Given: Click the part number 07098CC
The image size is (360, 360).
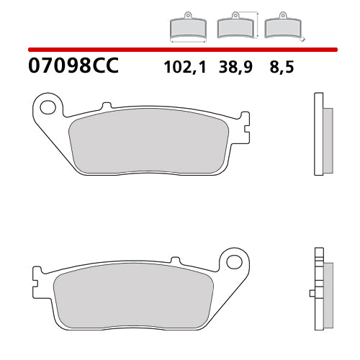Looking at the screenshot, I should click(x=72, y=68).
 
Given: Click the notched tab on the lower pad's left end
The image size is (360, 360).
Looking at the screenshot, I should click(x=36, y=275).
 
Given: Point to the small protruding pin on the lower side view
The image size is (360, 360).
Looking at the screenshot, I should click(x=311, y=292).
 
